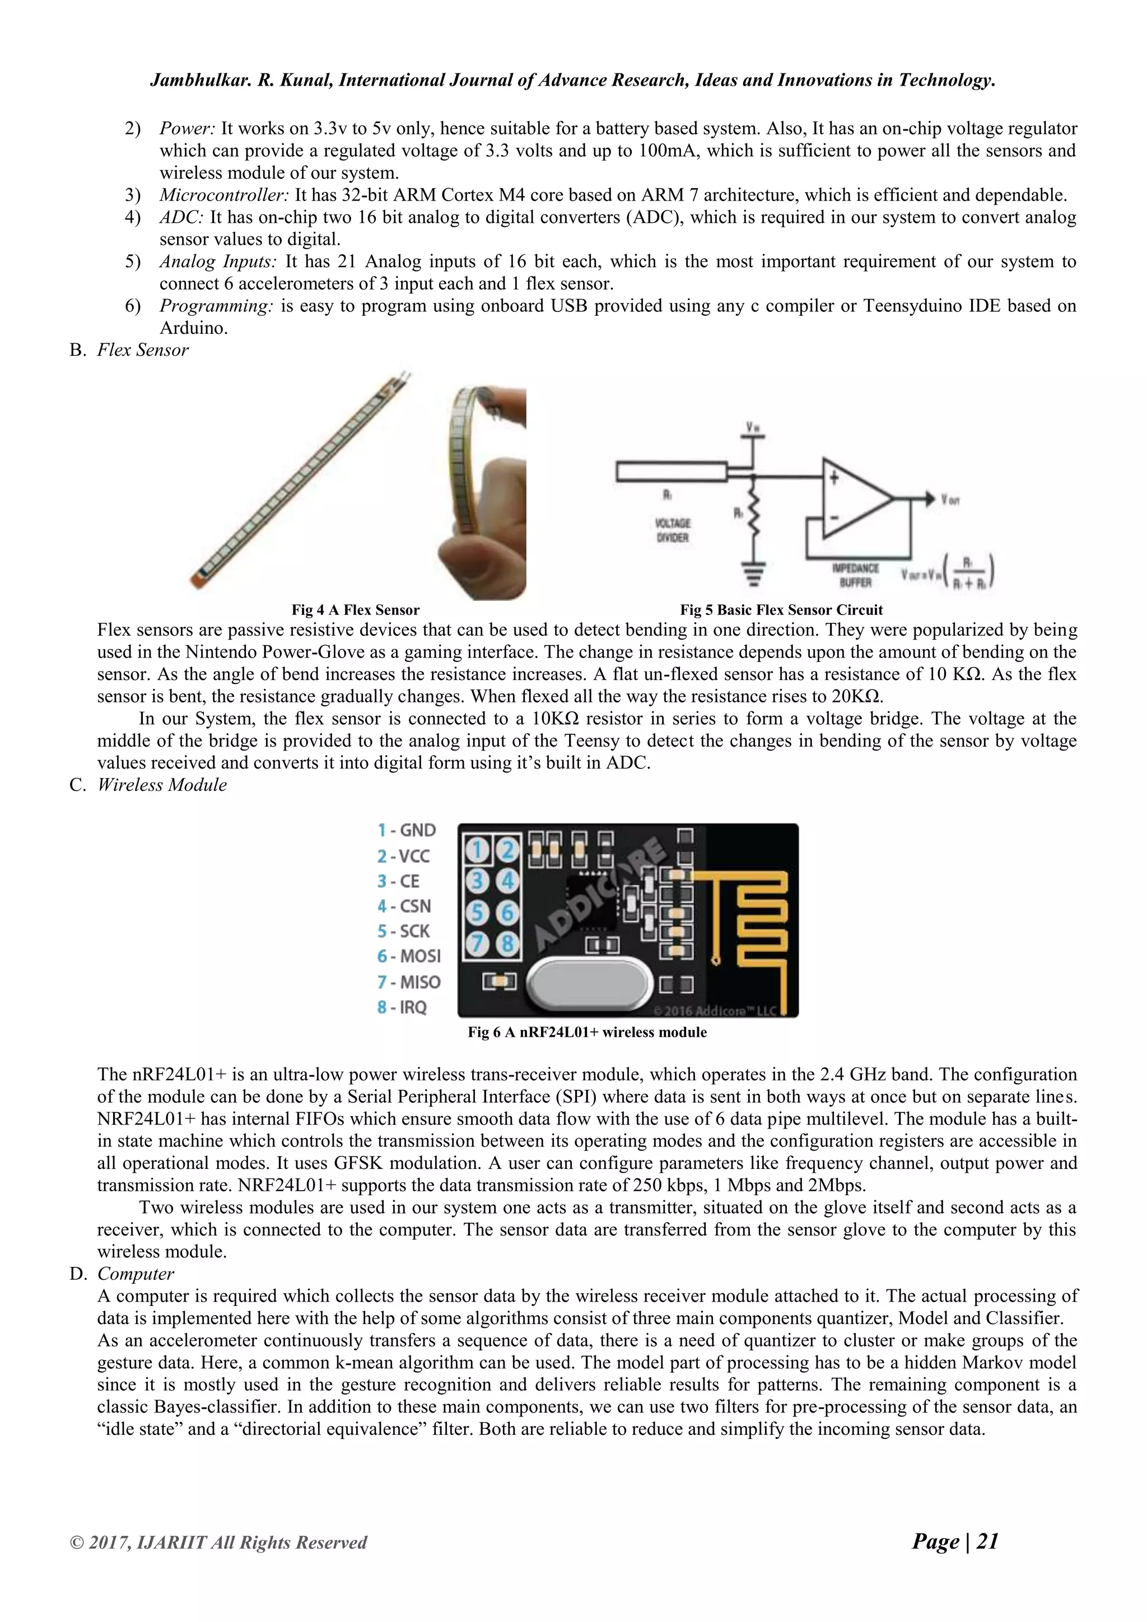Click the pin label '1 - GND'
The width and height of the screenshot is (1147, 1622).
click(x=407, y=830)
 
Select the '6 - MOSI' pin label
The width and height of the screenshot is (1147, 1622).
click(x=409, y=956)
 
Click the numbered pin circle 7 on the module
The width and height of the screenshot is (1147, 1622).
click(x=477, y=943)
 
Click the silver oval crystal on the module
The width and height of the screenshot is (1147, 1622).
click(x=587, y=984)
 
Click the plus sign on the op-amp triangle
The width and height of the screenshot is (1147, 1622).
click(x=834, y=478)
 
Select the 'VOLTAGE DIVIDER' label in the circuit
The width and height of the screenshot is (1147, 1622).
click(x=673, y=530)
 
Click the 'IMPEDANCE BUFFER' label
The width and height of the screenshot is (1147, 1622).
click(x=855, y=575)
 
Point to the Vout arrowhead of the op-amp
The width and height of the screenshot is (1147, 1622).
click(x=925, y=498)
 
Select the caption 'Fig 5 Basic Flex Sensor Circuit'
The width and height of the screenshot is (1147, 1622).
click(x=781, y=610)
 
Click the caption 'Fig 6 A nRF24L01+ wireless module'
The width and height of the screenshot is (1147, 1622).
click(x=587, y=1032)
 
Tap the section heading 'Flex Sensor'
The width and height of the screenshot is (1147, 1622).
click(x=143, y=351)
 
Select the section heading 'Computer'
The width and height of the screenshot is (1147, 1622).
click(x=136, y=1274)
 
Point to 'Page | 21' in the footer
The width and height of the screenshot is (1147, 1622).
click(x=955, y=1541)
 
